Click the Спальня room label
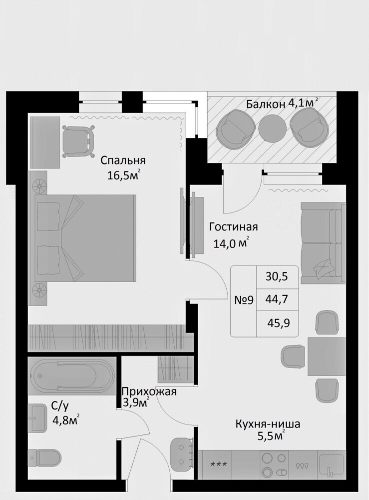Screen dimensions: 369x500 click(x=123, y=160)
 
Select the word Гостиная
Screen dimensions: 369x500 click(x=233, y=227)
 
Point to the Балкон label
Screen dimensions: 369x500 click(x=266, y=104)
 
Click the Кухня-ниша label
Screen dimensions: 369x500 click(x=268, y=424)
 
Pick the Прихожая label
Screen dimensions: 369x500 click(x=149, y=391)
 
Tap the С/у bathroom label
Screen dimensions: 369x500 click(x=60, y=406)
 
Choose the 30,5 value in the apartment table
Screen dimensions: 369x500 click(x=277, y=276)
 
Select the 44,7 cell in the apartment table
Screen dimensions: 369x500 click(x=277, y=299)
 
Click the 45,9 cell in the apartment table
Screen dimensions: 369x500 click(x=279, y=323)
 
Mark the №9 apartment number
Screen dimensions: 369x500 click(x=244, y=300)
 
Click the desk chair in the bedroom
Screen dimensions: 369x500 click(x=78, y=141)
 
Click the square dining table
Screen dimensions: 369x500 click(x=327, y=356)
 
